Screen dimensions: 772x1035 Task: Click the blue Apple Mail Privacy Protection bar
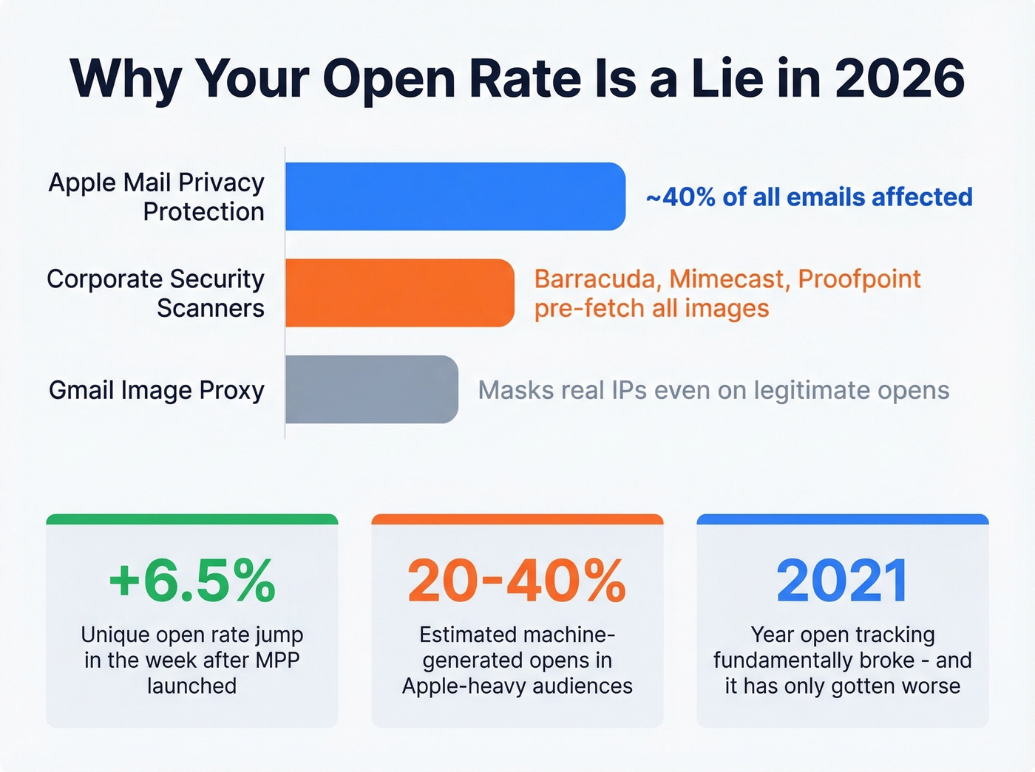(455, 197)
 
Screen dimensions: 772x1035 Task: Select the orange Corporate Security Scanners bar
(399, 293)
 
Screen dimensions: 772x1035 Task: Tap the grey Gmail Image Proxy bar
(371, 389)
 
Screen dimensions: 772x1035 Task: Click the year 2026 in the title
(900, 78)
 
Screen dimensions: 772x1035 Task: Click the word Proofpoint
(859, 279)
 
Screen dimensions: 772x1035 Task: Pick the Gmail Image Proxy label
(157, 390)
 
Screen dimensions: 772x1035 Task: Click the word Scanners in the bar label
(211, 308)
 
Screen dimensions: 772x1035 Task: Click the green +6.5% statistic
(192, 581)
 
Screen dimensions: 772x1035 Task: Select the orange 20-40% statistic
(517, 581)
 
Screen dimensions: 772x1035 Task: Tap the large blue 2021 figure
(842, 581)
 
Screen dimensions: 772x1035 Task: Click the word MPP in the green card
(277, 660)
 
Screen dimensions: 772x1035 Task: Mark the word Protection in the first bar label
(203, 212)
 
